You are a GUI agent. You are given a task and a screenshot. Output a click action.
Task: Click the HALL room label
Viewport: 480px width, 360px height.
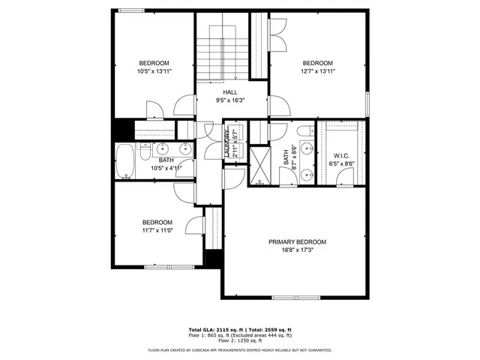pyautogui.click(x=229, y=91)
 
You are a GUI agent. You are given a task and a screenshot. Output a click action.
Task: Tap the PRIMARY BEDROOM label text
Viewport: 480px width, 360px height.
pyautogui.click(x=298, y=241)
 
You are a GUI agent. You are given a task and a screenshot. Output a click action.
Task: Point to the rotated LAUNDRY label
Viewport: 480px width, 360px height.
pyautogui.click(x=225, y=143)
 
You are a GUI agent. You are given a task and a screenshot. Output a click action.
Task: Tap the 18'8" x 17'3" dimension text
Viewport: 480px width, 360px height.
pyautogui.click(x=298, y=251)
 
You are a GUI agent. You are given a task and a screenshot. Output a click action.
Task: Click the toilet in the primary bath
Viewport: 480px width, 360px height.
pyautogui.click(x=304, y=133)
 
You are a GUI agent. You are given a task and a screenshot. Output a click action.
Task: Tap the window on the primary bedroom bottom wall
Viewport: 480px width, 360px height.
pyautogui.click(x=293, y=296)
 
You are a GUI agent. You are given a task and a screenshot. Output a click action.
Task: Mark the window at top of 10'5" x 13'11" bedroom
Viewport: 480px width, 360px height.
pyautogui.click(x=132, y=10)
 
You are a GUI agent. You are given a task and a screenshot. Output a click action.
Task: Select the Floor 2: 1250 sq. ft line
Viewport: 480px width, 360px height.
pyautogui.click(x=240, y=341)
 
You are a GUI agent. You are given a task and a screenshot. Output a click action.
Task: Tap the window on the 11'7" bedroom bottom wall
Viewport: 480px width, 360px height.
pyautogui.click(x=164, y=266)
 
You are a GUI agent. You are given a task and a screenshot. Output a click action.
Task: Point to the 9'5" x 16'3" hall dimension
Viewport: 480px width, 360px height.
pyautogui.click(x=229, y=100)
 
